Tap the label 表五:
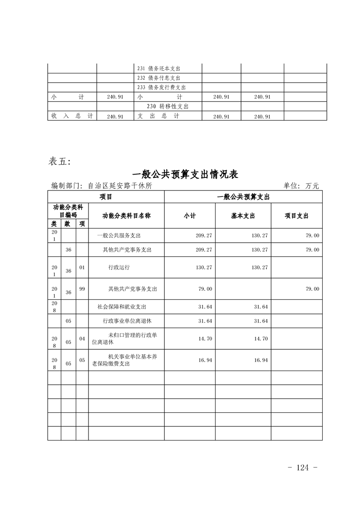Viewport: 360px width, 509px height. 59,162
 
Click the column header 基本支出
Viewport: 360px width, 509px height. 243,216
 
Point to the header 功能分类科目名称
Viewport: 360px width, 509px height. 126,216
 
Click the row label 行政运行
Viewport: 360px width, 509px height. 119,268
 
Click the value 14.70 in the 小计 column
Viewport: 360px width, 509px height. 204,339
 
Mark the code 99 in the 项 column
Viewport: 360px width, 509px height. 82,289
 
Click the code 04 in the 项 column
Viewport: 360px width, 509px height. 82,338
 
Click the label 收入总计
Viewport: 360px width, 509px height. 72,116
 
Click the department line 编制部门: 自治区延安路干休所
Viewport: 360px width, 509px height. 102,186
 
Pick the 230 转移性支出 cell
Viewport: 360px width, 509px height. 168,106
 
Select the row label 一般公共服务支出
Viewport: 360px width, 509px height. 119,236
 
